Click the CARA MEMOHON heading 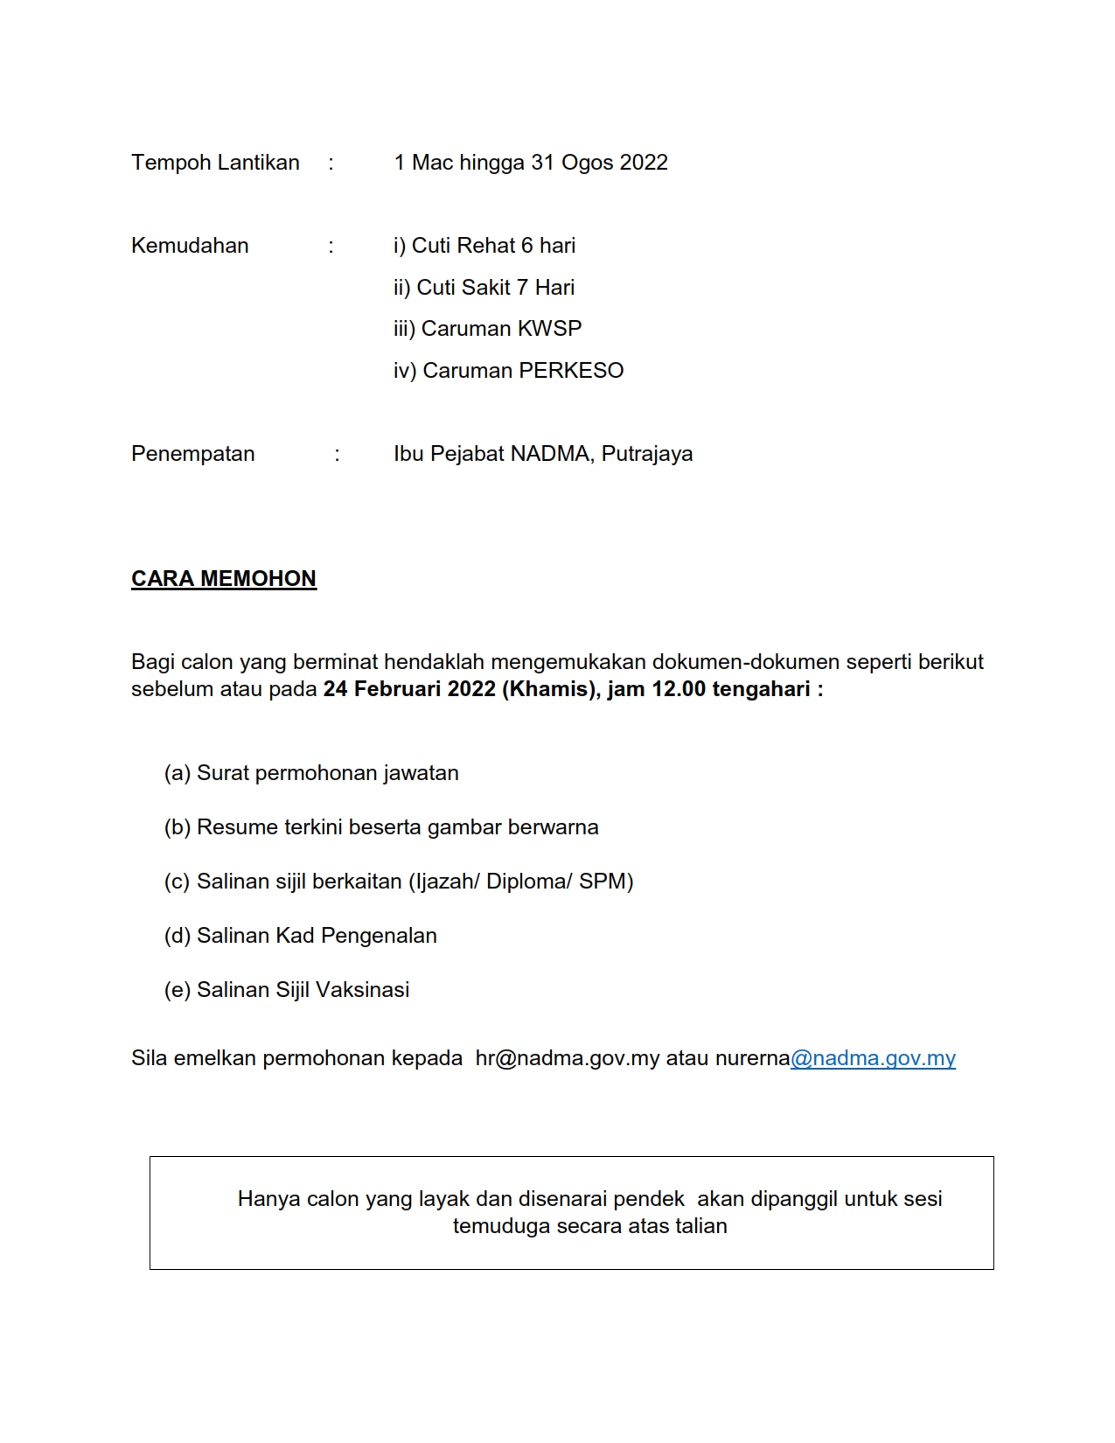(224, 579)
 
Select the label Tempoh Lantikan (215, 163)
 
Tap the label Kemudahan (190, 246)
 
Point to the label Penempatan (193, 454)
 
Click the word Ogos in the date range (587, 163)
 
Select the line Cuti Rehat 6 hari (484, 246)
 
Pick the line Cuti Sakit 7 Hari (484, 288)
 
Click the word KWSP (549, 329)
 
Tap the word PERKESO (571, 371)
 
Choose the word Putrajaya (647, 454)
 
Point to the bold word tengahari (761, 689)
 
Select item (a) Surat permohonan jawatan (311, 773)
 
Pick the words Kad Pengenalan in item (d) (356, 936)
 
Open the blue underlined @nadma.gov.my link (873, 1058)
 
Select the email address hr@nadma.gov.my (567, 1058)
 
